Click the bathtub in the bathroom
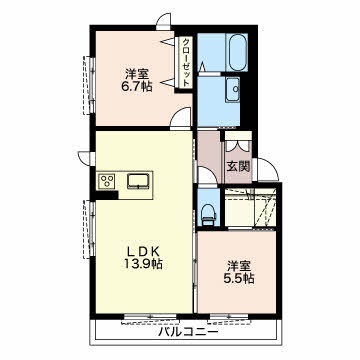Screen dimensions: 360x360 [x=237, y=52]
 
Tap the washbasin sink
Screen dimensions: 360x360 [x=233, y=89]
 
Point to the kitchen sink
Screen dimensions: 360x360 [x=138, y=182]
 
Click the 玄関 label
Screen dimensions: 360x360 [x=238, y=166]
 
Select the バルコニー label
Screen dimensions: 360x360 [x=188, y=332]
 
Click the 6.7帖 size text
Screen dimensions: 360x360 [x=136, y=87]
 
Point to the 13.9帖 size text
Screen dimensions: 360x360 [x=144, y=264]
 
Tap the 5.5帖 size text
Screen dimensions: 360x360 [x=239, y=278]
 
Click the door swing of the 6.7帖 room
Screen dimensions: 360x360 [x=181, y=117]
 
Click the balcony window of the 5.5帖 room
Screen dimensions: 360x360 [x=229, y=318]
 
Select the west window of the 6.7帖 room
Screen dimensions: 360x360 [x=89, y=85]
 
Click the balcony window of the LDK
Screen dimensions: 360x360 [x=150, y=318]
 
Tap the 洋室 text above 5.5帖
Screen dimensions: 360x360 [x=239, y=266]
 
